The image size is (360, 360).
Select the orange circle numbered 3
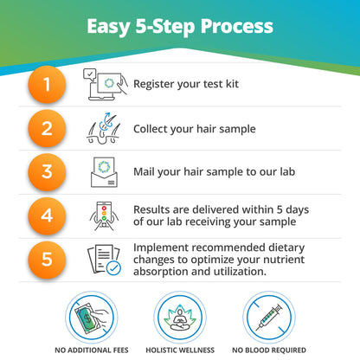[x=49, y=172]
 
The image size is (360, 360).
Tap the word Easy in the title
[x=109, y=26]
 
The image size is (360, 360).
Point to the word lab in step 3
[x=286, y=171]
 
